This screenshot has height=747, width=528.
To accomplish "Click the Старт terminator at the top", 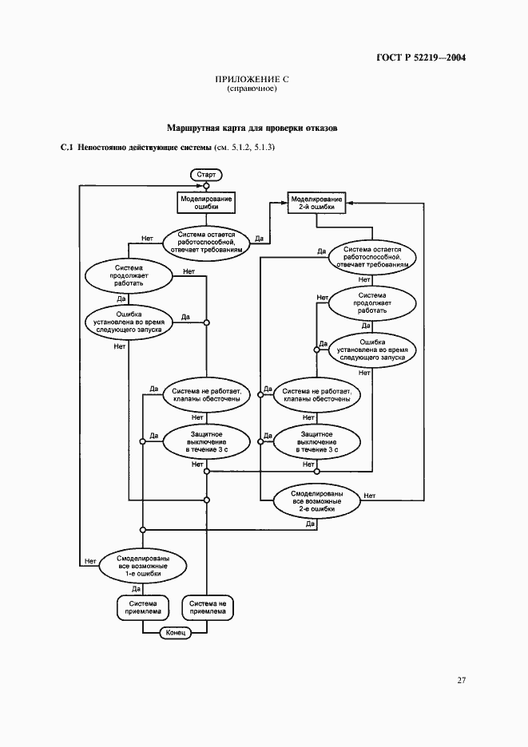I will (x=206, y=173).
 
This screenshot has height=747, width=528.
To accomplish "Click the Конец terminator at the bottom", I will (x=175, y=633).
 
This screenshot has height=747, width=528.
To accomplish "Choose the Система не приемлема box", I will (x=208, y=608).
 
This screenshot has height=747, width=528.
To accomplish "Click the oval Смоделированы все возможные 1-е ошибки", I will (x=143, y=565).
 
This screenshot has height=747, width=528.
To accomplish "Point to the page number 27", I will (x=461, y=681).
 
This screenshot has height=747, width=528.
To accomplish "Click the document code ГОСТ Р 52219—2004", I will (x=420, y=57).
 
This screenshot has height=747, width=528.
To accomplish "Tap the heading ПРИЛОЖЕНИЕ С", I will (x=252, y=79).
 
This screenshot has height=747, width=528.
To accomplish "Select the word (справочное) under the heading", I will (x=252, y=89).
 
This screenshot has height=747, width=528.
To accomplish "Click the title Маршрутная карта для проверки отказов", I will (x=252, y=128).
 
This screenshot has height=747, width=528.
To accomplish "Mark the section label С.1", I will (x=67, y=148).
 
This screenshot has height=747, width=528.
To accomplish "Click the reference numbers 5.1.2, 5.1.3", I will (x=248, y=148).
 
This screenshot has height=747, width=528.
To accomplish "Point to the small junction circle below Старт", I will (x=206, y=185).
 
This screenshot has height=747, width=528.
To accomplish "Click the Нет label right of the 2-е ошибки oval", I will (x=370, y=496).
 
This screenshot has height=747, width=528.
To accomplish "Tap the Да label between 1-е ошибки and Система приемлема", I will (x=137, y=588).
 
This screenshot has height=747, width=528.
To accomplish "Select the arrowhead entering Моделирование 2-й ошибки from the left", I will (x=284, y=203).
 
